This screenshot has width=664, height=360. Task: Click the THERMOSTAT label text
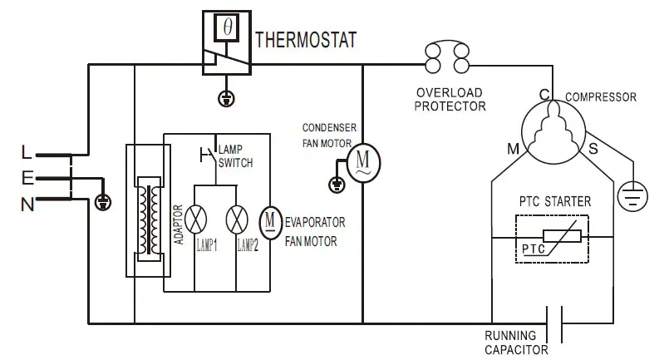click(x=306, y=39)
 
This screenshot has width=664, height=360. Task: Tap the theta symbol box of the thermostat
click(x=227, y=27)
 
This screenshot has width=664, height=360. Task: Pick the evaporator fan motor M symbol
click(x=271, y=220)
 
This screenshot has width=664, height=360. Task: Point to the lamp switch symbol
click(x=208, y=154)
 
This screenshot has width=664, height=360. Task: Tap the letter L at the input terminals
click(x=27, y=153)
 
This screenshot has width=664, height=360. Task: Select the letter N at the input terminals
click(x=27, y=202)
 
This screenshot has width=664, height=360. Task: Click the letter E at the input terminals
click(x=27, y=177)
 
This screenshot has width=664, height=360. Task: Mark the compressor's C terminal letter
click(x=544, y=95)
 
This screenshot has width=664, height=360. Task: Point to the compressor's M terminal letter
click(x=513, y=148)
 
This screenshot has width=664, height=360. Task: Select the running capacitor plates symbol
click(x=555, y=323)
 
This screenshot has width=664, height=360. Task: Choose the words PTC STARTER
click(x=555, y=201)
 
